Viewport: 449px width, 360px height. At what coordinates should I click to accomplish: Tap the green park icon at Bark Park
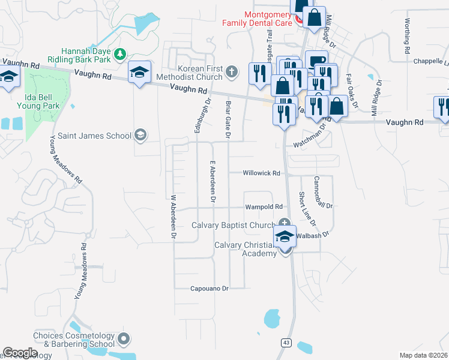click(x=120, y=54)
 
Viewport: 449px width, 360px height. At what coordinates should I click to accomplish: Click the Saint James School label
click(x=93, y=136)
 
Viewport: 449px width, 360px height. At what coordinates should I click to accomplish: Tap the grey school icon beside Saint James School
click(x=140, y=134)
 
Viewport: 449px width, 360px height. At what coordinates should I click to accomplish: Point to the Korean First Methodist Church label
click(x=190, y=73)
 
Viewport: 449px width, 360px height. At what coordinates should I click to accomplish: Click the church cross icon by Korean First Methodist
click(x=233, y=73)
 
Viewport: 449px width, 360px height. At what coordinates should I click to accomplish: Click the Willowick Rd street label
click(x=261, y=173)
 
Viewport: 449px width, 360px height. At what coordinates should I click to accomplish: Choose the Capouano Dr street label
click(x=209, y=289)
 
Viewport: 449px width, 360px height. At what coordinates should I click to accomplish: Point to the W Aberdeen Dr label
click(x=173, y=217)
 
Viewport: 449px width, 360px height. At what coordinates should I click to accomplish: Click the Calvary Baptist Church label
click(x=233, y=225)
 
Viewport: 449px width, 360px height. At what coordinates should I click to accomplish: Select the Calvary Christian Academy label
click(x=255, y=249)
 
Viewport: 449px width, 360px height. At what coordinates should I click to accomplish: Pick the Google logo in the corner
click(x=20, y=353)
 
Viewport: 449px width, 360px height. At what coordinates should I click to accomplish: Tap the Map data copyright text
click(x=423, y=355)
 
